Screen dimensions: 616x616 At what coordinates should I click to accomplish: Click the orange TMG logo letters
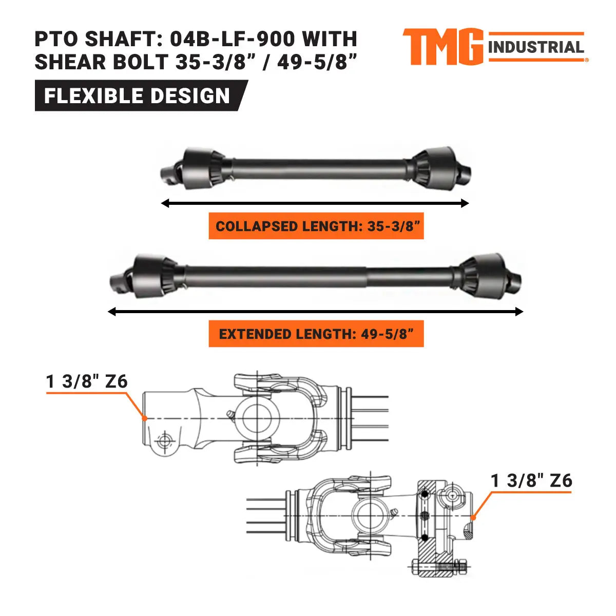point(442,47)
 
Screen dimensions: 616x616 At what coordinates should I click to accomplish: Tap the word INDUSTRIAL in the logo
point(536,48)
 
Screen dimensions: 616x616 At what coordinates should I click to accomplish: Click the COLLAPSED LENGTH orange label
point(316,226)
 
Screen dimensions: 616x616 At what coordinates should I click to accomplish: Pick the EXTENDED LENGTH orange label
point(316,334)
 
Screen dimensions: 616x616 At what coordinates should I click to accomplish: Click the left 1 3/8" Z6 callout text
point(87,381)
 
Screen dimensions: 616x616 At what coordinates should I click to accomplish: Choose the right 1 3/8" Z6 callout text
point(531,480)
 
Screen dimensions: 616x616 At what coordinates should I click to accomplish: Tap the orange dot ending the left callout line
point(145,418)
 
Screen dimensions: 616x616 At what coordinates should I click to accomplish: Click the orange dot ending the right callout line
point(473,517)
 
